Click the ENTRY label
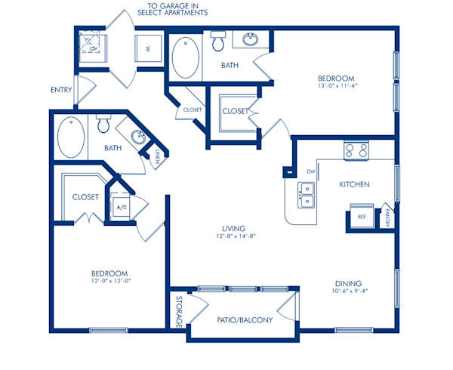(x=62, y=90)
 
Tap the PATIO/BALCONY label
(x=244, y=319)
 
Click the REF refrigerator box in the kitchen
(x=362, y=217)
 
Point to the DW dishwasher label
(x=310, y=171)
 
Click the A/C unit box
(x=121, y=205)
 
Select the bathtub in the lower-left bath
(x=70, y=137)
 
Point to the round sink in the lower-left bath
(x=138, y=137)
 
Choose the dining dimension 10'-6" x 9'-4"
(x=349, y=294)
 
